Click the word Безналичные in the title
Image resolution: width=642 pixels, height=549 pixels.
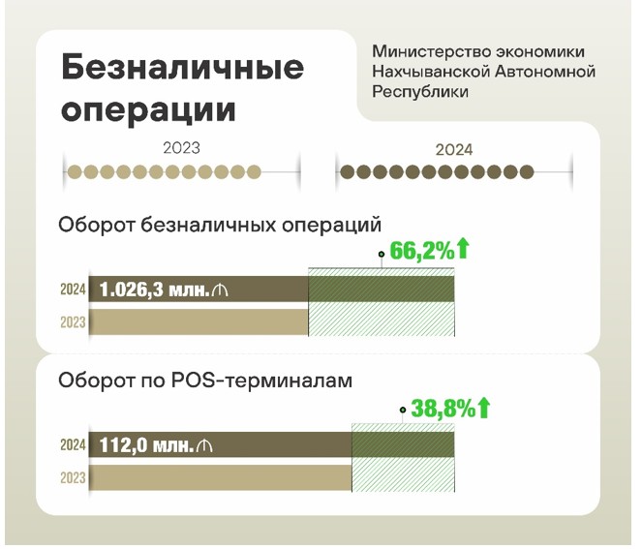[x=182, y=68]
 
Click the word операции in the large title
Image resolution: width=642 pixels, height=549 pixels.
[x=147, y=107]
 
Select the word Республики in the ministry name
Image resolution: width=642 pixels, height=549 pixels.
[x=419, y=92]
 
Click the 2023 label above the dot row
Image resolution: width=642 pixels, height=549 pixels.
[x=181, y=148]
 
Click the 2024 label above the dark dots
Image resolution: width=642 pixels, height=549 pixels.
[x=453, y=150]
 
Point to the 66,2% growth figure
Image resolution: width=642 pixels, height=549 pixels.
[x=422, y=252]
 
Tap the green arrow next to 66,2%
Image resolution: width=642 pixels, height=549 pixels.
[x=463, y=250]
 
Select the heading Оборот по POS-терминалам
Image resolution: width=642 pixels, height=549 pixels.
[x=204, y=381]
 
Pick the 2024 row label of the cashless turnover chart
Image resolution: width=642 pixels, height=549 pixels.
[x=73, y=289]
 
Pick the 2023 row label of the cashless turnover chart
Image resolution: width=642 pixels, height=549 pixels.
[x=73, y=322]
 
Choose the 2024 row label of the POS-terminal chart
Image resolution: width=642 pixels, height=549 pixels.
[x=73, y=445]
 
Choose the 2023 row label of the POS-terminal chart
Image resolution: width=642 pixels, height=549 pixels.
[x=73, y=478]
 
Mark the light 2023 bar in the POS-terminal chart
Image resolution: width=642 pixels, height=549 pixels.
[x=220, y=478]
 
